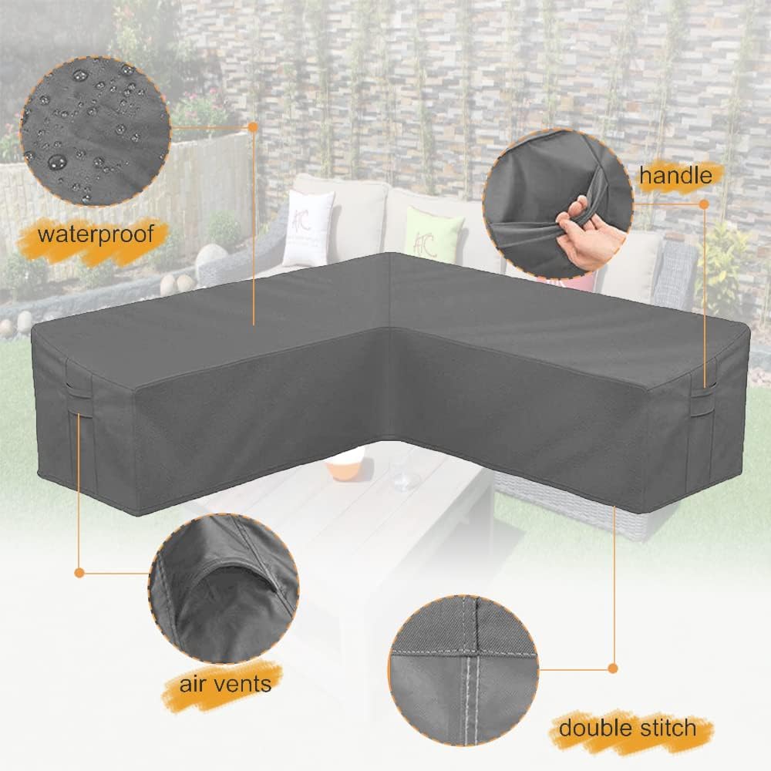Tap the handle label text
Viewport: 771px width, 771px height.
pyautogui.click(x=675, y=176)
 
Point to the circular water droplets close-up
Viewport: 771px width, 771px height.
pyautogui.click(x=94, y=130)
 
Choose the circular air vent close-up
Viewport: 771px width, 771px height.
pyautogui.click(x=224, y=591)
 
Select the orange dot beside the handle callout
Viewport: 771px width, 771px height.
pyautogui.click(x=704, y=204)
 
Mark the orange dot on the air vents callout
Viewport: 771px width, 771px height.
pyautogui.click(x=79, y=572)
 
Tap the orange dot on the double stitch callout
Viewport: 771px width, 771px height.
pyautogui.click(x=613, y=668)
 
